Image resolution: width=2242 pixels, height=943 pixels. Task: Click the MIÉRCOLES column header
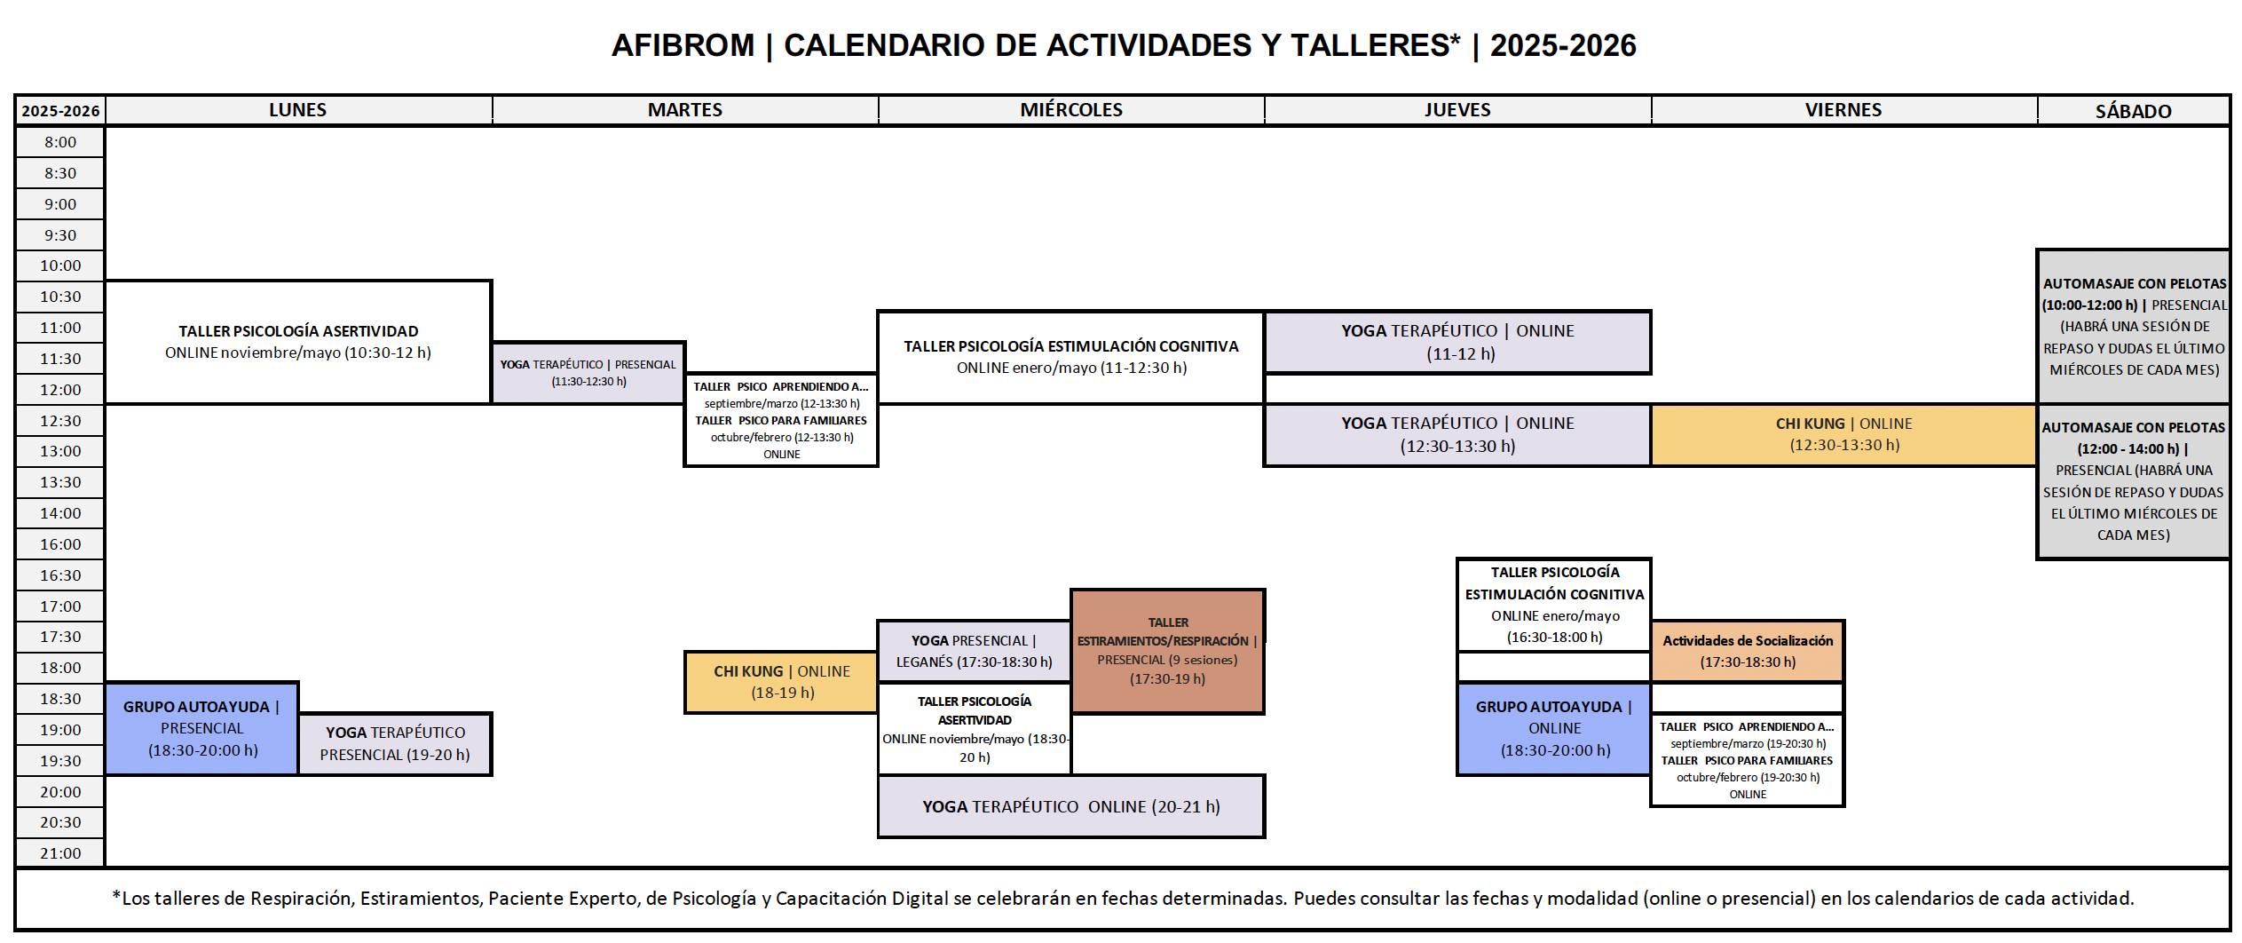1070,110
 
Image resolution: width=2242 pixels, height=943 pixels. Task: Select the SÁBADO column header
2133,111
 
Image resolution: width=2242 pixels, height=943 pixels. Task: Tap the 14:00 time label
60,513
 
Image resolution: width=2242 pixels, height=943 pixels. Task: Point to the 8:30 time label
60,173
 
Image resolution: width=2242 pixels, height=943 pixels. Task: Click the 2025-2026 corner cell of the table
60,111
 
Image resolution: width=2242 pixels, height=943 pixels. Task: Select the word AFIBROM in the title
683,45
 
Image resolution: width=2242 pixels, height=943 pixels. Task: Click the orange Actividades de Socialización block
1747,651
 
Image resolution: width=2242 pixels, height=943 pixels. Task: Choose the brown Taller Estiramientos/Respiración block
1167,651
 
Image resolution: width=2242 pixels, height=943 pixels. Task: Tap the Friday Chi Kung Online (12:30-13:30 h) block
1843,434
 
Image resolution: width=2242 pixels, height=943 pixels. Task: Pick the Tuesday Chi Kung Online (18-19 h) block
781,682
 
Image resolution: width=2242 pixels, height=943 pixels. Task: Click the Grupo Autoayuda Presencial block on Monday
201,728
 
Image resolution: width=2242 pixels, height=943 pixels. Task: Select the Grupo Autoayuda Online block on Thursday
1553,728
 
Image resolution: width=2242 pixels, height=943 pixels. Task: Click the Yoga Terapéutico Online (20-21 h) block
1070,806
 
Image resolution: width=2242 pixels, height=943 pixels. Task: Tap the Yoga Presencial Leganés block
974,651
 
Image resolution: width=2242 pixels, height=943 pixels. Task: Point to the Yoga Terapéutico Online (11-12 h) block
1457,342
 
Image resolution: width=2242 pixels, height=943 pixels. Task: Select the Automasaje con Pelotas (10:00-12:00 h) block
2133,327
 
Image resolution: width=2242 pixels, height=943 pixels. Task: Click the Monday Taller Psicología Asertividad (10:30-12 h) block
297,342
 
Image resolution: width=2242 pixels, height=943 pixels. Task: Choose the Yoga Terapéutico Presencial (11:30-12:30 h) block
588,373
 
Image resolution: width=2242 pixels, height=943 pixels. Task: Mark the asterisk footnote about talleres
1122,899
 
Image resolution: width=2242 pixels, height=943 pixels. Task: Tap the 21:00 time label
60,853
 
